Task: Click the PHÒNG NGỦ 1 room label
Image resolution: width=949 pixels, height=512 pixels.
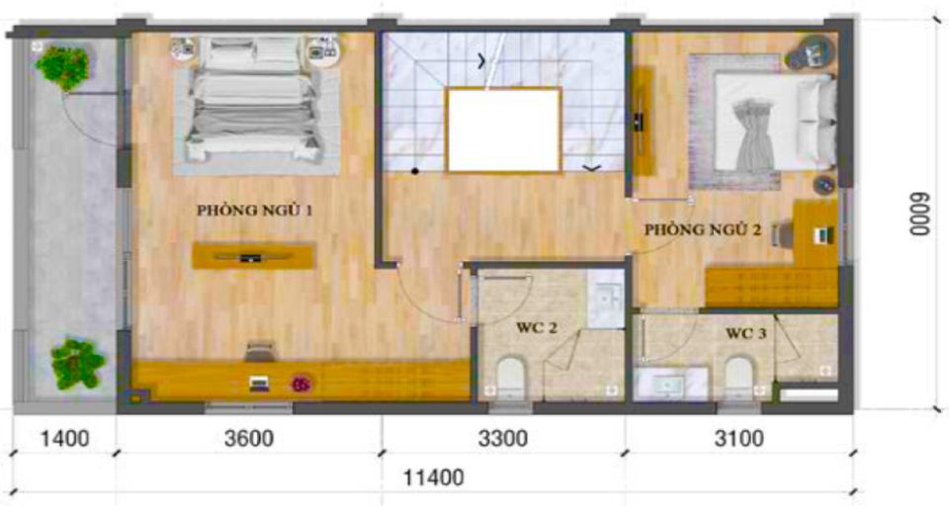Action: [x=255, y=210]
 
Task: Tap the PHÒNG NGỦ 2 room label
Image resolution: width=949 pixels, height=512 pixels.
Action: [x=703, y=229]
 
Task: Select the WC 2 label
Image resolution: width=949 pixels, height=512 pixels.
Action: [x=536, y=327]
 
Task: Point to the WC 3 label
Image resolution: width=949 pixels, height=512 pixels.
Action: [x=745, y=333]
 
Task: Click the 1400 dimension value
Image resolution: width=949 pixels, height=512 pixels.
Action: [x=65, y=438]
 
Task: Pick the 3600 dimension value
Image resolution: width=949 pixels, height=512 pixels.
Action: [x=249, y=438]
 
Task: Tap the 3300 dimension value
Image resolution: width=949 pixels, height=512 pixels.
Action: [x=503, y=438]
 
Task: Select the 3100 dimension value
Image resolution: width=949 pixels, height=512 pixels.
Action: [x=739, y=438]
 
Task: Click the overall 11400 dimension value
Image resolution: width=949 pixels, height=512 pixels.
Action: [x=433, y=477]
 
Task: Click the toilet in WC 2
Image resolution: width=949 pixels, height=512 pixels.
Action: [x=510, y=377]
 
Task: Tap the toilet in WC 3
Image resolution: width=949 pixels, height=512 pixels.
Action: [x=739, y=378]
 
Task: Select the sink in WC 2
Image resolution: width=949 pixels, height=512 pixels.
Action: [x=605, y=299]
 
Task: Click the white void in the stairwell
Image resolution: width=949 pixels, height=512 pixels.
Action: [x=503, y=129]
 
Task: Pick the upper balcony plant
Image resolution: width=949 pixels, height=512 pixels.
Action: [x=63, y=66]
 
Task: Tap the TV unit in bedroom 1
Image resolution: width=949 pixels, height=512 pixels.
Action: [x=253, y=256]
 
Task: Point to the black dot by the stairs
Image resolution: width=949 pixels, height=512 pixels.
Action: [x=415, y=171]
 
